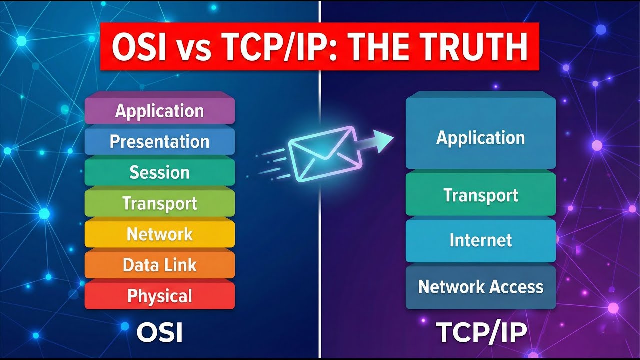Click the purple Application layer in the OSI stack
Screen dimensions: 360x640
coord(160,111)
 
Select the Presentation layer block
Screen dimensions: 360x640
coord(160,142)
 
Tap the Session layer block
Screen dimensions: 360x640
coord(160,173)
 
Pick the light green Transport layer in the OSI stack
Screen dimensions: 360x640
coord(160,204)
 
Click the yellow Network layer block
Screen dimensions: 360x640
coord(160,234)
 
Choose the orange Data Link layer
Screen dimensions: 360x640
coord(160,265)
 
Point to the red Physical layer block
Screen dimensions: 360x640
coord(160,296)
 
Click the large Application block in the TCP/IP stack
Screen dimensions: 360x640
coord(480,137)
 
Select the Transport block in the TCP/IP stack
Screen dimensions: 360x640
coord(480,195)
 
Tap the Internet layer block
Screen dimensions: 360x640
coord(480,240)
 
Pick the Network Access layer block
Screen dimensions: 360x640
coord(480,287)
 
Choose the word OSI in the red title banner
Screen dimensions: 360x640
coord(142,48)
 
